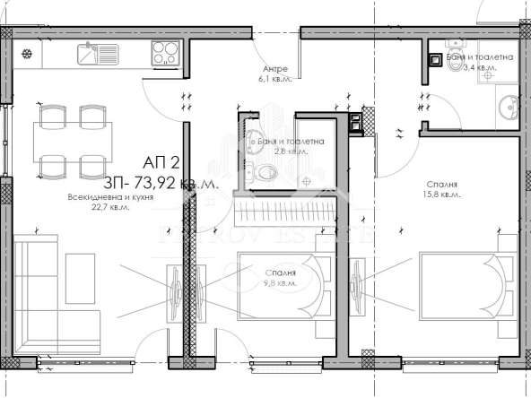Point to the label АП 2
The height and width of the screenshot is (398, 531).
[161, 165]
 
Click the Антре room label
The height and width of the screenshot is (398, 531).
[274, 69]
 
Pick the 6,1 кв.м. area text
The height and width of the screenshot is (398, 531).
[274, 79]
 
